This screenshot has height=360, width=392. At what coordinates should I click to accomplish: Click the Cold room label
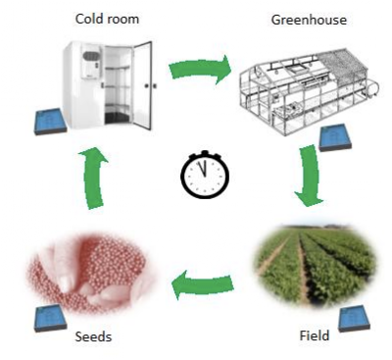point(107,19)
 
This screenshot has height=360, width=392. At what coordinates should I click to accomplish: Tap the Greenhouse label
point(309,20)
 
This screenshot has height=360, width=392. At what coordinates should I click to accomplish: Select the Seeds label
point(93,336)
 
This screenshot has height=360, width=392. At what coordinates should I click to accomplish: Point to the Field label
point(315,335)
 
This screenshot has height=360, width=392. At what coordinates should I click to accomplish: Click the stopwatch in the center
point(205,175)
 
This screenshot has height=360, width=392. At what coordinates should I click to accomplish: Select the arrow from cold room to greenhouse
point(200,70)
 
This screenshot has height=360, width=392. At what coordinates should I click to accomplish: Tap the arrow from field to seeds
point(203,283)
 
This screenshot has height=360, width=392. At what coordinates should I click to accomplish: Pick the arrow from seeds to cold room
point(93,179)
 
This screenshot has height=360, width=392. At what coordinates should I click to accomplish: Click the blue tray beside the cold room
point(50,122)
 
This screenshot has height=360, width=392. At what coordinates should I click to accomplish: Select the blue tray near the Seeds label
point(50,318)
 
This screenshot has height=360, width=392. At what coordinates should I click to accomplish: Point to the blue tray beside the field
point(355,319)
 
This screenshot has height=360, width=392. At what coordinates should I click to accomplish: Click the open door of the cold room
point(143,85)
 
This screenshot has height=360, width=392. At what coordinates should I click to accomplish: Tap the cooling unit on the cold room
point(91,64)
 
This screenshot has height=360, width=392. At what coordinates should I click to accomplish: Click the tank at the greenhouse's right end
point(373,88)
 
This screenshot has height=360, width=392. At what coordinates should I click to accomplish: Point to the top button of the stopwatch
point(205,153)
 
